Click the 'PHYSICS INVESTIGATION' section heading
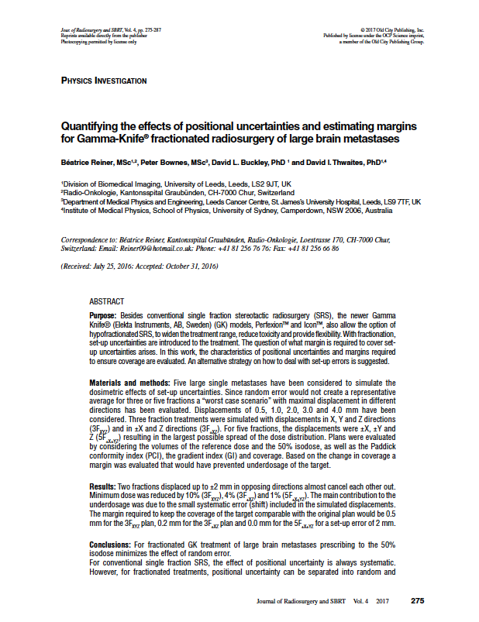(x=103, y=81)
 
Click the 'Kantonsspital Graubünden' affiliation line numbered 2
(x=177, y=192)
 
